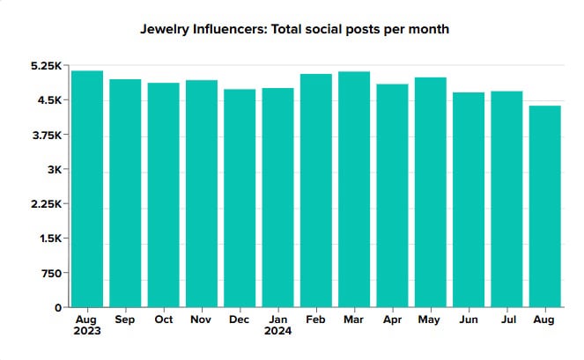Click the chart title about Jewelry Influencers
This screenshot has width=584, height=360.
tap(295, 29)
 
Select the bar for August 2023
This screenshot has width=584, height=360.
tap(87, 189)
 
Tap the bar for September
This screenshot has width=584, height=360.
tap(125, 194)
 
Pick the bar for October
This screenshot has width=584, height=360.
tap(163, 195)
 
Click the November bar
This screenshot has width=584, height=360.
tap(202, 194)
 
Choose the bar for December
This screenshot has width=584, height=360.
tap(240, 198)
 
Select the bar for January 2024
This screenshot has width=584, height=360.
tap(277, 198)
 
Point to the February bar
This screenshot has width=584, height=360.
tap(315, 191)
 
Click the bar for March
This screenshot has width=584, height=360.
tap(354, 189)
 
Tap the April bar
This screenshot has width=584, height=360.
tap(392, 195)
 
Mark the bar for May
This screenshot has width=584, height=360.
tap(430, 193)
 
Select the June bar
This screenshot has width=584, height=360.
tap(468, 200)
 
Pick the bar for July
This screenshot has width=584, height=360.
tap(506, 199)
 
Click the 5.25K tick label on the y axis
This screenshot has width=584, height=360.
tap(45, 66)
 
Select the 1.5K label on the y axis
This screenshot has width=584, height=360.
tap(49, 239)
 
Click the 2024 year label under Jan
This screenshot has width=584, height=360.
tap(278, 332)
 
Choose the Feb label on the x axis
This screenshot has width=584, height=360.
tap(316, 320)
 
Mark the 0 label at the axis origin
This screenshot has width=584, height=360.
tap(59, 307)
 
